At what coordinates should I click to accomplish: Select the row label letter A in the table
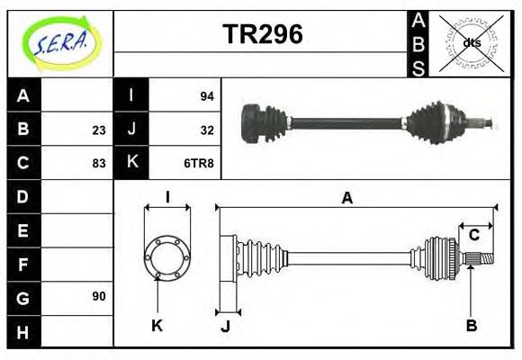point(22,95)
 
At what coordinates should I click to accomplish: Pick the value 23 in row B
point(98,130)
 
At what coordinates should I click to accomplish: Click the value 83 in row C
point(98,163)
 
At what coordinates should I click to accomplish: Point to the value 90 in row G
point(98,296)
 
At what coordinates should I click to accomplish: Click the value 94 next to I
point(206,95)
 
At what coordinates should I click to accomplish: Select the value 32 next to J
point(206,130)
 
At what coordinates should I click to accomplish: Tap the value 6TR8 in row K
point(199,163)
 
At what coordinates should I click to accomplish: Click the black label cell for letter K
point(131,163)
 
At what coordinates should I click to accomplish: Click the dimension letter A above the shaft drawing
point(346,198)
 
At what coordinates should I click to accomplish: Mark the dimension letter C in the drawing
point(473,235)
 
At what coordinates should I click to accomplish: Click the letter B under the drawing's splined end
point(471,325)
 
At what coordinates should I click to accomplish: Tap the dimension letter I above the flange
point(167,197)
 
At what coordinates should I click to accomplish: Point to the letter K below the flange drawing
point(157,325)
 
